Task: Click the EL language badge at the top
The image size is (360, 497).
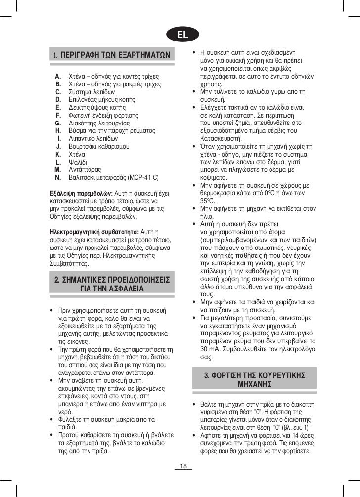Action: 183,35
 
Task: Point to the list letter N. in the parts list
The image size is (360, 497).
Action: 58,176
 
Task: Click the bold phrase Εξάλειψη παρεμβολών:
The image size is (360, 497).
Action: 82,192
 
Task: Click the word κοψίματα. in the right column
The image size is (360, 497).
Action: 215,177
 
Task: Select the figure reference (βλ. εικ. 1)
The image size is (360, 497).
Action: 292,427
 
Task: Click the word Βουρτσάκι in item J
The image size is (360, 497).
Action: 84,146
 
